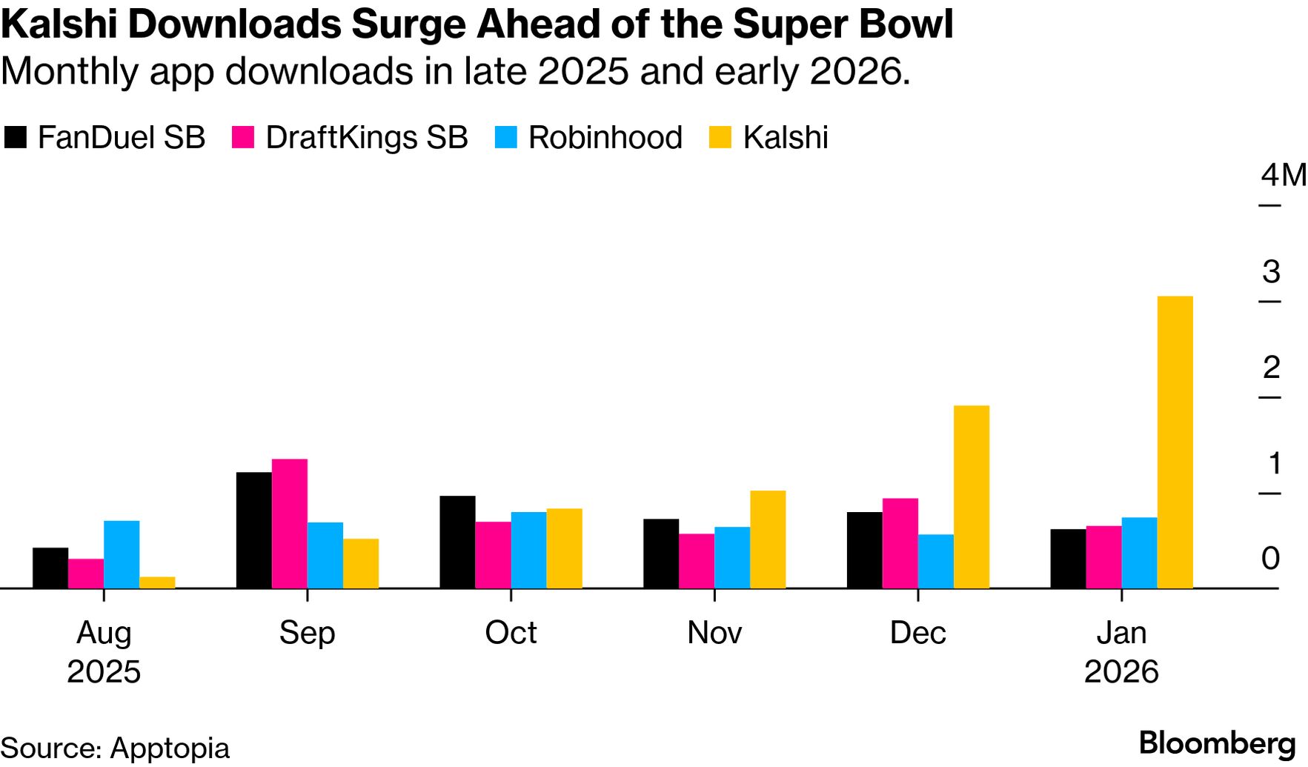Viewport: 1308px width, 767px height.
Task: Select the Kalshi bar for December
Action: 971,497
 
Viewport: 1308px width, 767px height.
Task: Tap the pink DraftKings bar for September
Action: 289,523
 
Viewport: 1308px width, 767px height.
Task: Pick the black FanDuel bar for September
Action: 253,530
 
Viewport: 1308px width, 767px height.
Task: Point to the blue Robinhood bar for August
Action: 122,554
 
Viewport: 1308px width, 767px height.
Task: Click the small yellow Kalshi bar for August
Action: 157,582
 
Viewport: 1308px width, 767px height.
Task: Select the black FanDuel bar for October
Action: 457,542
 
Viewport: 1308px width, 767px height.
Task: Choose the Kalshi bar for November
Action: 768,539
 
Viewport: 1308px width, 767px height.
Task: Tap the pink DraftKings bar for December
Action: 900,543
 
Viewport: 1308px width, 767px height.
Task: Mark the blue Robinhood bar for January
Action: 1139,553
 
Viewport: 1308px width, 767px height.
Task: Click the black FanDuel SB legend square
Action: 16,138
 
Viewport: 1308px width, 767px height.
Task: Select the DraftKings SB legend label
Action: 366,138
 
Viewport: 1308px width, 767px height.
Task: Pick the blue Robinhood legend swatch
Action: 505,138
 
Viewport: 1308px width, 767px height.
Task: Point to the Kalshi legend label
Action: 785,138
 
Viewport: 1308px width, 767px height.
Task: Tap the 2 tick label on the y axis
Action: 1271,368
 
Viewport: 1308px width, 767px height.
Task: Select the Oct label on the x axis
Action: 511,633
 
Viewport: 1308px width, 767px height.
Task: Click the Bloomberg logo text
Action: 1217,743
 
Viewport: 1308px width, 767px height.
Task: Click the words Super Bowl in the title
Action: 843,24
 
